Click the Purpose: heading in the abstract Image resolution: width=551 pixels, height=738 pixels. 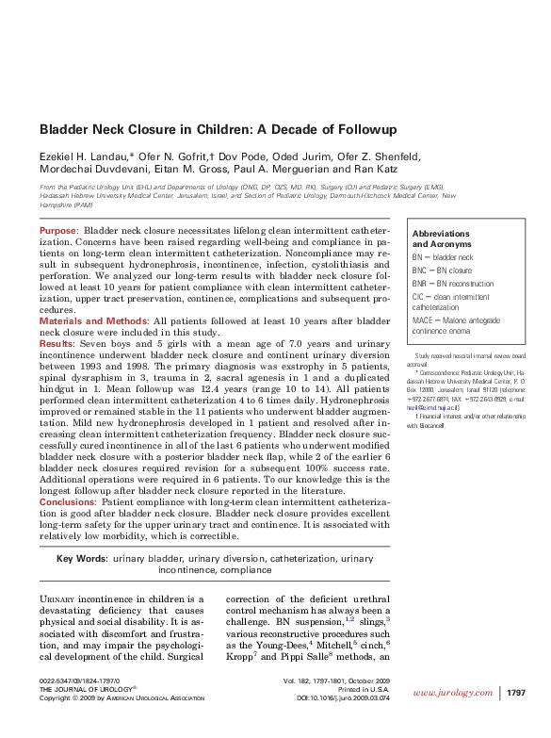point(59,231)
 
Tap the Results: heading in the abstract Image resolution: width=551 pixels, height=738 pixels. point(58,344)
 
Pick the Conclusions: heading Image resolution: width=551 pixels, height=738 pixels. point(69,503)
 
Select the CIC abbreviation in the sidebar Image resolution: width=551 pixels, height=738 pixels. point(419,295)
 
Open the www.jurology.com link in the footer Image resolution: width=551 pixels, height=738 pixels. point(452,694)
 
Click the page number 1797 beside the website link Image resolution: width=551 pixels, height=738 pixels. point(523,694)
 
